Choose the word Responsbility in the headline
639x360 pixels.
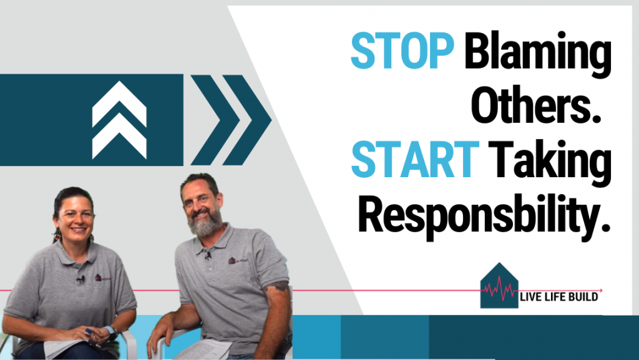click(486, 215)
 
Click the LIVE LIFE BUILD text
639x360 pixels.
click(559, 297)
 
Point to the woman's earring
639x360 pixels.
click(57, 237)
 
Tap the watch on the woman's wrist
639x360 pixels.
click(110, 329)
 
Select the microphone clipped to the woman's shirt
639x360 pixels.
click(80, 279)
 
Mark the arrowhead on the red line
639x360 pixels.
click(600, 290)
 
